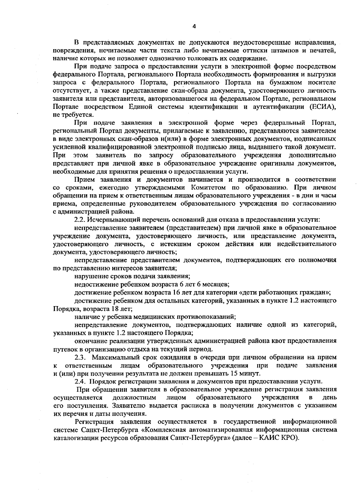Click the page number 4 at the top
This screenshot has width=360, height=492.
pyautogui.click(x=194, y=26)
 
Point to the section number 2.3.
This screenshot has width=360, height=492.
pyautogui.click(x=81, y=357)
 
